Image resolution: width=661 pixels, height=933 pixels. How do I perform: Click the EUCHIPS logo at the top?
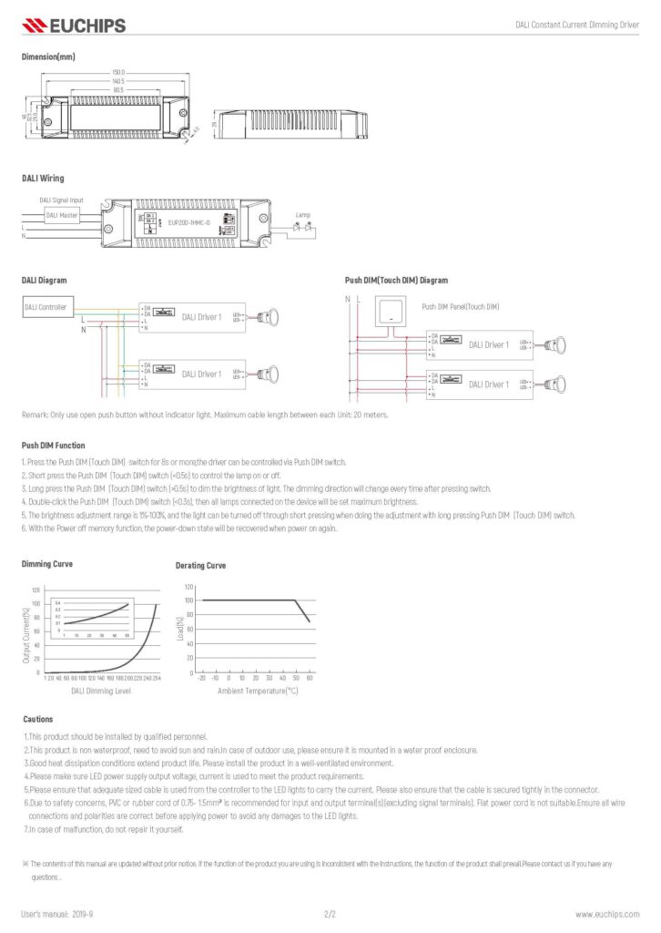(x=73, y=26)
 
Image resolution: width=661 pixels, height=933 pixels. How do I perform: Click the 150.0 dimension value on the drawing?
(x=118, y=71)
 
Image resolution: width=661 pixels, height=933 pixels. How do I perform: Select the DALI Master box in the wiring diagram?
(x=62, y=216)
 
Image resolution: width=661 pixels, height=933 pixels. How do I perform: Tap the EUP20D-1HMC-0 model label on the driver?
(x=189, y=222)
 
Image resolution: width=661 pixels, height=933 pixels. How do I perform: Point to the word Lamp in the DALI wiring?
(x=303, y=215)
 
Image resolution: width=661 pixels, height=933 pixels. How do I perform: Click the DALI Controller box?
(x=46, y=308)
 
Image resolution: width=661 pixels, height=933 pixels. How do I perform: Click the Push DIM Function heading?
(x=53, y=446)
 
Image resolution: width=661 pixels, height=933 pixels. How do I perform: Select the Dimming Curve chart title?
(x=46, y=565)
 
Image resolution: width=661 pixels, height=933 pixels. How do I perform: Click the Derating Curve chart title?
(x=201, y=566)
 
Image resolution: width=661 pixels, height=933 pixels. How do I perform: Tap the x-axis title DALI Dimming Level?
(x=101, y=691)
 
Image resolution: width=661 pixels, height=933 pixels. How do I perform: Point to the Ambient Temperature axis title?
(x=258, y=691)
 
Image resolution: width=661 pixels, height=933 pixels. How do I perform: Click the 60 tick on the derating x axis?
(x=310, y=678)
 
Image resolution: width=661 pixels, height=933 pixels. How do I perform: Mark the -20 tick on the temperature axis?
(x=201, y=678)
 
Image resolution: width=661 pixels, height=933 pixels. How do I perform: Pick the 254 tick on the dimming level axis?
(x=157, y=678)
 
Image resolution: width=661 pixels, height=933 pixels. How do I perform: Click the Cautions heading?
(x=37, y=719)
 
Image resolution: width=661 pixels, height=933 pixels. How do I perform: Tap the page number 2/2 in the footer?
(x=330, y=913)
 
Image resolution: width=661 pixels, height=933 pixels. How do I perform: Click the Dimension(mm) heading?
(x=47, y=56)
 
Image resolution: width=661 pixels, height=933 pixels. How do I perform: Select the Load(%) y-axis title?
(x=180, y=629)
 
